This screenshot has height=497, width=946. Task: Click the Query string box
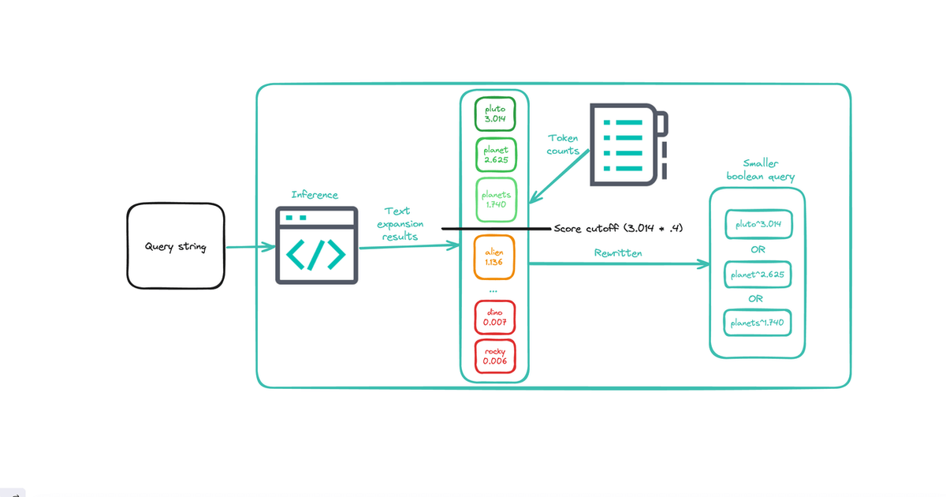[176, 246]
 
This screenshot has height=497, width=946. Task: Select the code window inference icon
[316, 245]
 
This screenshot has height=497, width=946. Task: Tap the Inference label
[315, 195]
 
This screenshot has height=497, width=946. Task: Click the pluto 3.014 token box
[495, 114]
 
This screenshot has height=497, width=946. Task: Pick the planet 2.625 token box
[495, 155]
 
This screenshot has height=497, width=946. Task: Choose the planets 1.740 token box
[495, 200]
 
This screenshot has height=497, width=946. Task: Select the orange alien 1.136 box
[495, 256]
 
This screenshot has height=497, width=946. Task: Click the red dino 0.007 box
[495, 317]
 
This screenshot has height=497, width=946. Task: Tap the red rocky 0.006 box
[495, 356]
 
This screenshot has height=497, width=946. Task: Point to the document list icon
[631, 144]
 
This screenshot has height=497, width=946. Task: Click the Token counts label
[563, 144]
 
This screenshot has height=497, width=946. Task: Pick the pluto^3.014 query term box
[757, 224]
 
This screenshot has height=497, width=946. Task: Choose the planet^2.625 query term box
[757, 274]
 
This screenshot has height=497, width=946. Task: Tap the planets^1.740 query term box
[757, 323]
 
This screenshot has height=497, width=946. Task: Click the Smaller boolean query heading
[760, 170]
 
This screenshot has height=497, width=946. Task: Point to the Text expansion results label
[399, 224]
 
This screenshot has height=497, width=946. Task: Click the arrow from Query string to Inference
[250, 247]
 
